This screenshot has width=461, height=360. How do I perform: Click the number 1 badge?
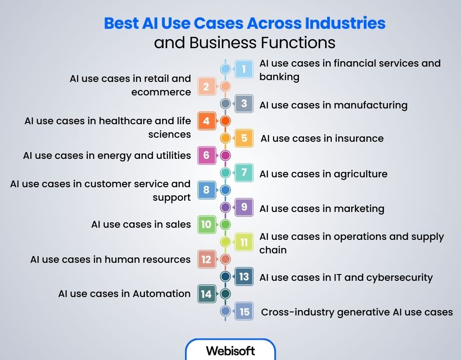(244, 69)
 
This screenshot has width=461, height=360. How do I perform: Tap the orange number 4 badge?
(206, 121)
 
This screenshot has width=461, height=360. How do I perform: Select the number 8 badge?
(206, 189)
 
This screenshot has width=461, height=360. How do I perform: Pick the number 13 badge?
(244, 276)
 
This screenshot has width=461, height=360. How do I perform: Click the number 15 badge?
(244, 311)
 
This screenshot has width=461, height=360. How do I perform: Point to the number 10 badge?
(206, 224)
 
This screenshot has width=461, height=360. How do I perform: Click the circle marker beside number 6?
(226, 155)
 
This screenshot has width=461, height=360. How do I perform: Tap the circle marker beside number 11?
(226, 242)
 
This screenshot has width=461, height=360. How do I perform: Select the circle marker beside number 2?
(226, 86)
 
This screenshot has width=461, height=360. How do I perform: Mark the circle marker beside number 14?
(226, 293)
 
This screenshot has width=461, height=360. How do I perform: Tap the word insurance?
(357, 139)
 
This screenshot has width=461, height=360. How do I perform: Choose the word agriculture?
(361, 174)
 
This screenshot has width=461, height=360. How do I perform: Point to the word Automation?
(162, 294)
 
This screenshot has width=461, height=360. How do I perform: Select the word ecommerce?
(161, 92)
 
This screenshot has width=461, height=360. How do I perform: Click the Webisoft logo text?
(230, 351)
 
